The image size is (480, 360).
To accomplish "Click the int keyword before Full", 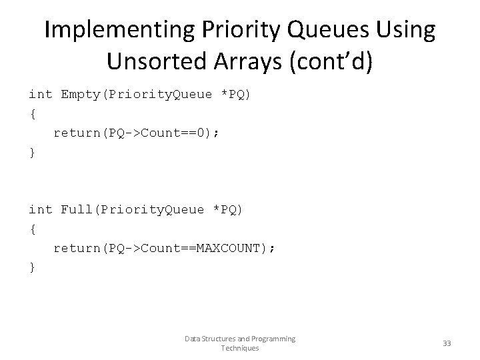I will [x=40, y=209].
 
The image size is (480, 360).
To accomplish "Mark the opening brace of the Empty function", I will [x=32, y=113].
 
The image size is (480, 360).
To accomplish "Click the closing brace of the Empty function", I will [x=32, y=152].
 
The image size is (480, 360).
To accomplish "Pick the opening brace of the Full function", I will [x=32, y=229].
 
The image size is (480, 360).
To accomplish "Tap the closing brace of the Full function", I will [x=32, y=267].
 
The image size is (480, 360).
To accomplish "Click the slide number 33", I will [x=447, y=343].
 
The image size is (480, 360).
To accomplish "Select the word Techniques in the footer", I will [x=240, y=349].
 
